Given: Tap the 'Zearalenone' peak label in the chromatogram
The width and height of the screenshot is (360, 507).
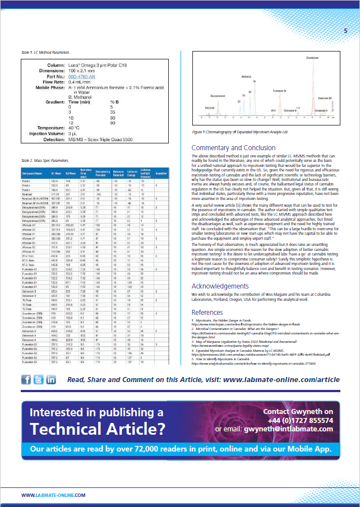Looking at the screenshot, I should coord(313,57).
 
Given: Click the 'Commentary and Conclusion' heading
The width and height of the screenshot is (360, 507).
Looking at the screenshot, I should coord(233,148).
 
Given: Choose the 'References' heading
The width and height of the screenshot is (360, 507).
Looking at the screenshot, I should coord(207,311).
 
